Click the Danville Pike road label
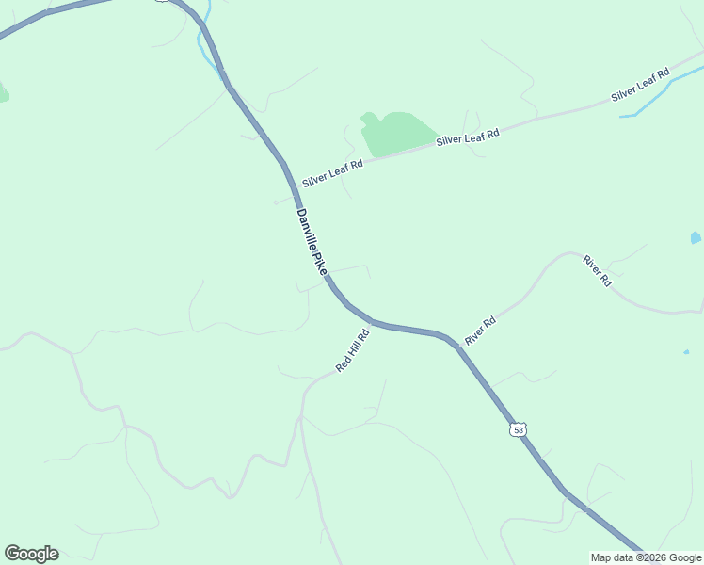coord(311,242)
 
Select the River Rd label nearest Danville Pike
coord(480,330)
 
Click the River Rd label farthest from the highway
coord(598,270)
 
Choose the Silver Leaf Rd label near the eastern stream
coord(639,85)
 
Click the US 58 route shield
coord(519,429)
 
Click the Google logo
coord(31,554)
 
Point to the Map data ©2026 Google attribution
coord(646,557)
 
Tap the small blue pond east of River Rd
coord(696,237)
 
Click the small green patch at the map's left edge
coord(3,92)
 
